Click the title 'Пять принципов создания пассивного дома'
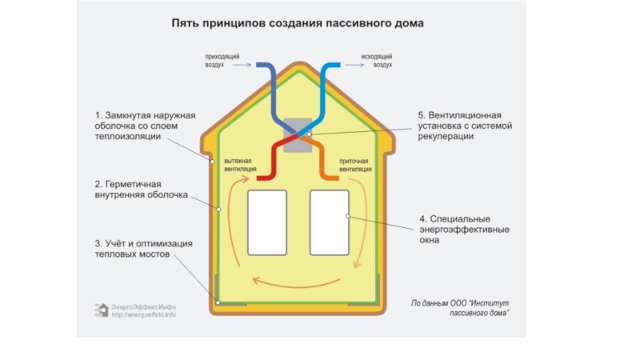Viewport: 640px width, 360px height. point(298,24)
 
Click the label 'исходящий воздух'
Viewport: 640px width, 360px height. point(376,60)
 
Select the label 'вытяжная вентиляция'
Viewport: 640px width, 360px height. point(240,165)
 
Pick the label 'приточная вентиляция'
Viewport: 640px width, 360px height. point(355,165)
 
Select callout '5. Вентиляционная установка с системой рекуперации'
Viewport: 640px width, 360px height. point(464,126)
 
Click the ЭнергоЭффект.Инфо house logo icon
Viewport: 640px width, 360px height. point(102,310)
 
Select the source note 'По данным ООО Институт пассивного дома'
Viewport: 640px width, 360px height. point(460,308)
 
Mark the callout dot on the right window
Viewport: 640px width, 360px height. point(346,217)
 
